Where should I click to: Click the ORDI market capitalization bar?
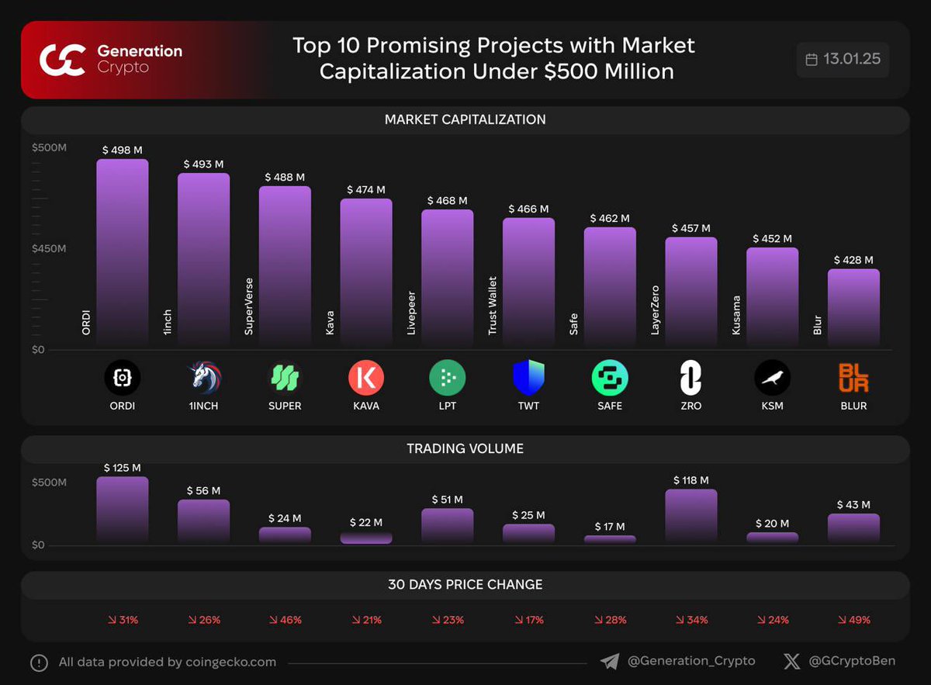click(122, 252)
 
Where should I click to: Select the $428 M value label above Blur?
click(853, 260)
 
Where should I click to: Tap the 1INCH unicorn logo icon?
click(203, 378)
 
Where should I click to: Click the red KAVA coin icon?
click(365, 378)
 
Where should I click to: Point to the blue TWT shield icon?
click(528, 378)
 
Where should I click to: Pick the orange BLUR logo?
click(853, 378)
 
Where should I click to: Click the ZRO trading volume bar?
click(690, 516)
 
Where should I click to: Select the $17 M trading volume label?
click(609, 527)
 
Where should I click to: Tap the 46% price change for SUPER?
click(285, 620)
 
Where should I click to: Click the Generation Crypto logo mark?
click(62, 60)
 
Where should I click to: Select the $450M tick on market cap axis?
click(49, 249)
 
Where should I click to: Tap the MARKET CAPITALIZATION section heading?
click(465, 119)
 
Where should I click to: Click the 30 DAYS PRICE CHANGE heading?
click(465, 584)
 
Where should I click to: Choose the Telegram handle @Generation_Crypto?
click(690, 661)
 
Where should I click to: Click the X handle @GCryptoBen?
click(851, 661)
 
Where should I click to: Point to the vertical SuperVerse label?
click(249, 306)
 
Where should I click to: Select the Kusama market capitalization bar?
click(772, 296)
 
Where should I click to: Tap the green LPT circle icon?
click(447, 378)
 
